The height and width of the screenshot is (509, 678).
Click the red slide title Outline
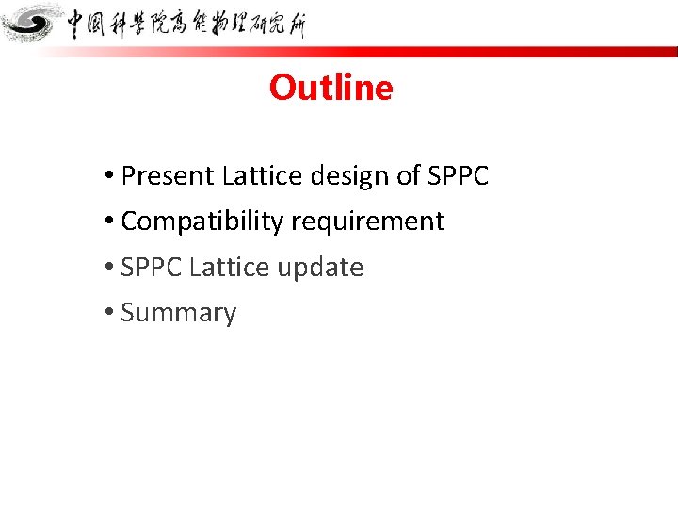[331, 88]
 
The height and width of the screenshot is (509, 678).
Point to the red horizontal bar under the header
[377, 52]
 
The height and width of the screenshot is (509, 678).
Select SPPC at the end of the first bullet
[459, 176]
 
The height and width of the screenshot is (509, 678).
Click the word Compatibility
[202, 222]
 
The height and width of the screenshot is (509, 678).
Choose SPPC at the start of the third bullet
[152, 268]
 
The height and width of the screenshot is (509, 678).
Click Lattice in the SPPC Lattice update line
[222, 268]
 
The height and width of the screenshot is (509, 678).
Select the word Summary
[179, 313]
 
